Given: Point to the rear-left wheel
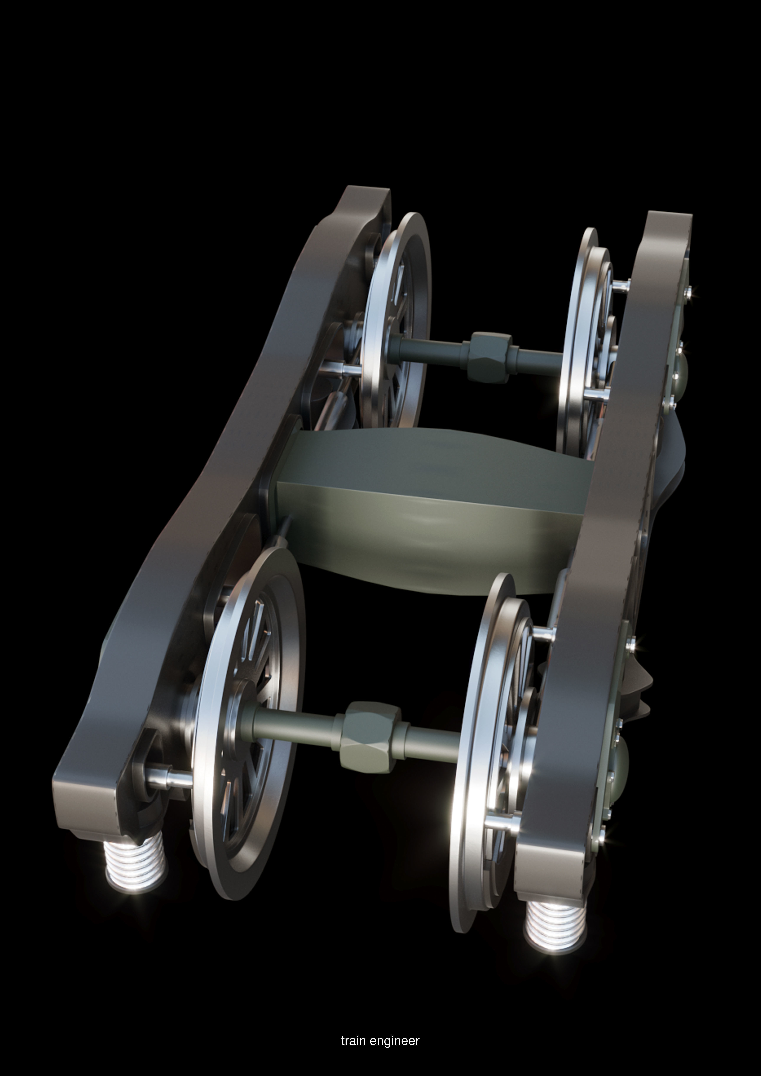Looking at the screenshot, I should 398,319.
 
